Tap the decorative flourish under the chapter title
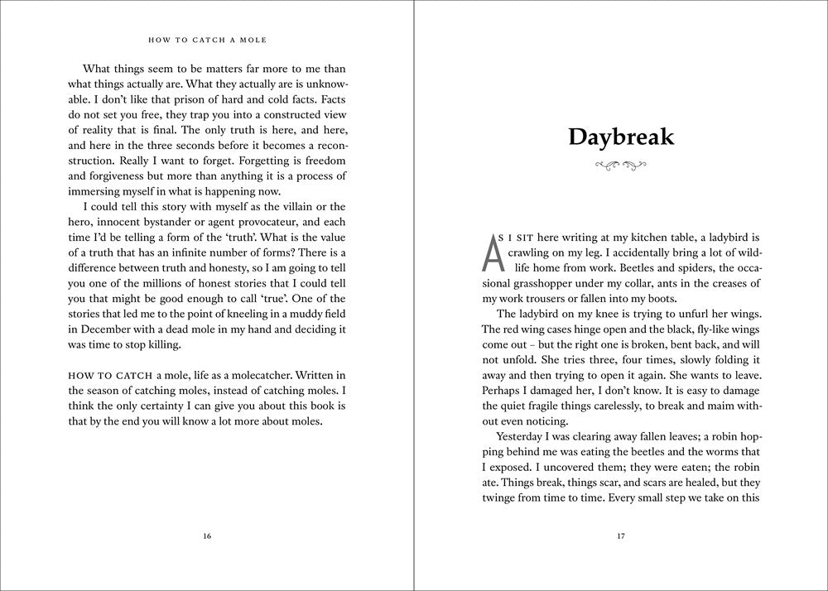(621, 166)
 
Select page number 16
(207, 536)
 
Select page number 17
(621, 536)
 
